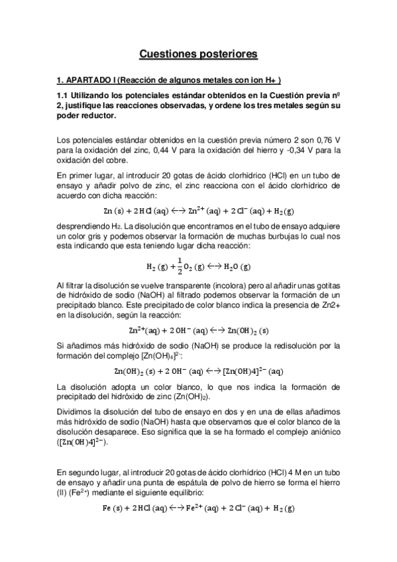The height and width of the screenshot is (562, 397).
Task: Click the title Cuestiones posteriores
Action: (198, 52)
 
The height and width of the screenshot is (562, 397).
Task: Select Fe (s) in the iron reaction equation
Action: (114, 509)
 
